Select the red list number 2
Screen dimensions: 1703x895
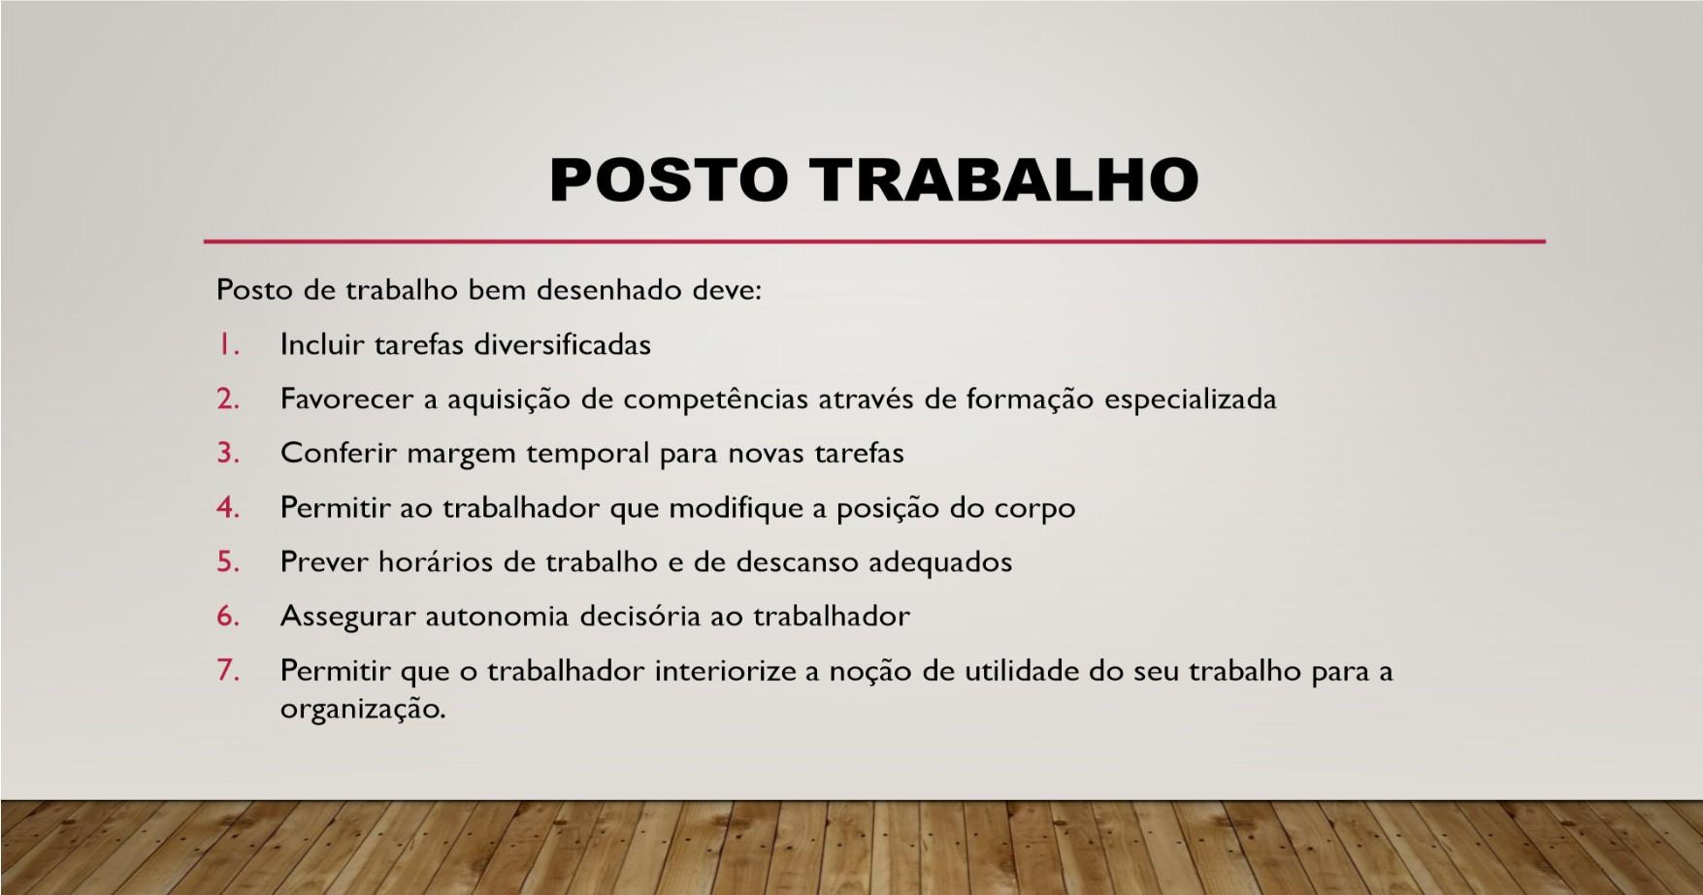click(228, 399)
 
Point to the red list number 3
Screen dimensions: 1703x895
click(228, 453)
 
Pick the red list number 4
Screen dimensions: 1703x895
click(228, 507)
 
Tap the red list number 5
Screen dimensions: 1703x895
click(228, 561)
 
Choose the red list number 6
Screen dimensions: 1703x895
click(228, 616)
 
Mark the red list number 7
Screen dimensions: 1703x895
click(228, 670)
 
